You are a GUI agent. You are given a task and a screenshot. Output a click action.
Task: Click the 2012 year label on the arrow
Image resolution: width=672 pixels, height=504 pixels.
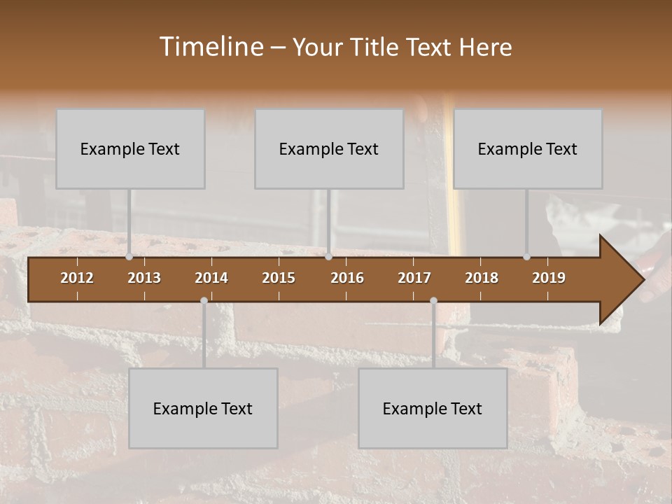(77, 278)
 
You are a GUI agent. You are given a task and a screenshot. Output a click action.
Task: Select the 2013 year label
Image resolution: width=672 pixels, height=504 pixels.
(144, 278)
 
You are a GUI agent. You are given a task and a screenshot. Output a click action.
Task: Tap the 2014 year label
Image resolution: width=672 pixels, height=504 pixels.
(211, 278)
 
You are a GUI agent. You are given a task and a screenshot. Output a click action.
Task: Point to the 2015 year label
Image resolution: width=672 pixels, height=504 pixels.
(279, 278)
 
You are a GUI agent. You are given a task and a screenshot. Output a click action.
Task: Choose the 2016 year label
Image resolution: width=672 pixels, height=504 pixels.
(347, 278)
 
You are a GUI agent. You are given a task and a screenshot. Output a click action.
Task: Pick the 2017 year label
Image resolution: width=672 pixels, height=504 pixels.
(414, 278)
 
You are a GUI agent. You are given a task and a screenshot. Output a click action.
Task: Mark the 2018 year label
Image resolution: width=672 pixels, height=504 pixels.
(482, 278)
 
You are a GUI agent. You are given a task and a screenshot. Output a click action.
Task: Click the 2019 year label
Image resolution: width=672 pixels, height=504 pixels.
(549, 278)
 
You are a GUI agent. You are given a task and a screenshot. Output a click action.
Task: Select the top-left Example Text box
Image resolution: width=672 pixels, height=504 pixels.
(130, 149)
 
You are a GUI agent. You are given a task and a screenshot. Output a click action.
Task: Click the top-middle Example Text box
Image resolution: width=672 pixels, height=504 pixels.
(329, 149)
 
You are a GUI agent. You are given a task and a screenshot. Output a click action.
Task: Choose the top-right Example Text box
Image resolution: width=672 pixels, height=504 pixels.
(528, 149)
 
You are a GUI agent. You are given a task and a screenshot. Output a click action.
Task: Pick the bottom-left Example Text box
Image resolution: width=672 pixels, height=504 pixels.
(203, 409)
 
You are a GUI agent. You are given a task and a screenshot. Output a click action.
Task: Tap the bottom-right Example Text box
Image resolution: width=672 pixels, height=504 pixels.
(433, 409)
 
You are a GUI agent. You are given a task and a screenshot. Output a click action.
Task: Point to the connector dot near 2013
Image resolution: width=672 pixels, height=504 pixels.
(129, 257)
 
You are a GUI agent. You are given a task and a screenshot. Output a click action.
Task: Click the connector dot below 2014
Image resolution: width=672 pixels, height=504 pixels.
(204, 301)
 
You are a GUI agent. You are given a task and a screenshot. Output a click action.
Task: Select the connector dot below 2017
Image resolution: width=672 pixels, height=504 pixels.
(433, 301)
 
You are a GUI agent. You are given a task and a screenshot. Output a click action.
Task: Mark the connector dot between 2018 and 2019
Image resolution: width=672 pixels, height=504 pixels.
(526, 257)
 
